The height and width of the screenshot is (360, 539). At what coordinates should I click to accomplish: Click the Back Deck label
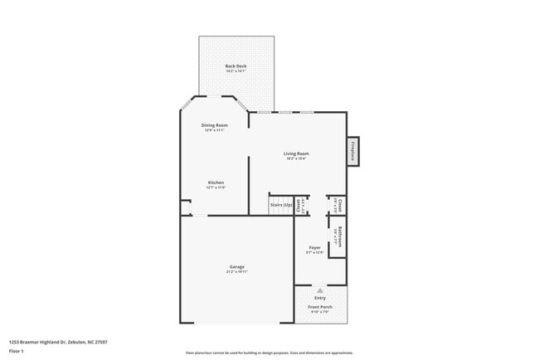click(x=236, y=66)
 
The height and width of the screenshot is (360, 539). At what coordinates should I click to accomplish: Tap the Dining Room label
click(x=214, y=125)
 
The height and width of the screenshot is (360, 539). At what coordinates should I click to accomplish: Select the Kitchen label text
click(x=216, y=182)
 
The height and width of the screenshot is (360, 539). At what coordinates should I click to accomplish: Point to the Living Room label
click(x=296, y=153)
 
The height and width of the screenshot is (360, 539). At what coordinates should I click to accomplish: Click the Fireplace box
click(x=352, y=151)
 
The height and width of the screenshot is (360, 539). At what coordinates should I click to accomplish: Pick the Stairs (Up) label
click(x=282, y=204)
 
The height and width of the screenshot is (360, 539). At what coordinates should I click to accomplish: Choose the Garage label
click(x=236, y=266)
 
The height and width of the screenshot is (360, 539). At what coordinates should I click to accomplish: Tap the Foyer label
click(x=315, y=247)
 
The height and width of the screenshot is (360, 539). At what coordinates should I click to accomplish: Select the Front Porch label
click(x=320, y=307)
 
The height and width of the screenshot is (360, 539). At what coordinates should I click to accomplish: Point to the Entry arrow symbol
click(x=320, y=290)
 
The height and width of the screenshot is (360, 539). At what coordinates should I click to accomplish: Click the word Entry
click(x=320, y=298)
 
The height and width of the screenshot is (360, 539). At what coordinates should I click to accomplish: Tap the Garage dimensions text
click(x=236, y=272)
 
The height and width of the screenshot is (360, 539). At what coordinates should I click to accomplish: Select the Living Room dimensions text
click(x=296, y=159)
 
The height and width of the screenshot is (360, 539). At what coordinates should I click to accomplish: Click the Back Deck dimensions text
click(x=236, y=71)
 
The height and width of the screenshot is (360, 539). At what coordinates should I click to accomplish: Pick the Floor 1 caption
click(x=16, y=350)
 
